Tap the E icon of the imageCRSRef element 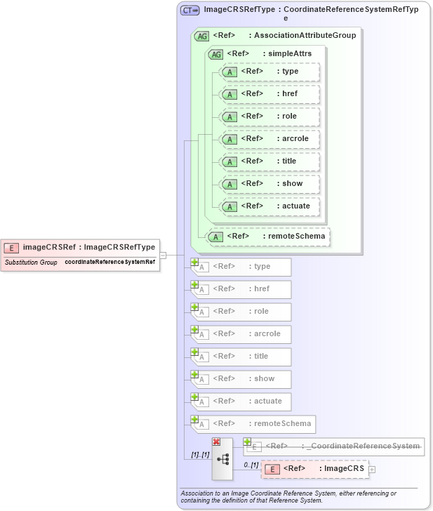pyautogui.click(x=12, y=247)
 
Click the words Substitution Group pyautogui.click(x=31, y=262)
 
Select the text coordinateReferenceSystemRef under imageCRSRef pyautogui.click(x=110, y=262)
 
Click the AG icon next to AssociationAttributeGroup pyautogui.click(x=201, y=35)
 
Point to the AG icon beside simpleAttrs pyautogui.click(x=215, y=53)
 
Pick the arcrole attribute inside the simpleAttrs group pyautogui.click(x=269, y=139)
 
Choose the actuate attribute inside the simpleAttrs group pyautogui.click(x=269, y=206)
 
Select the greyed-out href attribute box pyautogui.click(x=241, y=289)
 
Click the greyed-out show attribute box pyautogui.click(x=241, y=379)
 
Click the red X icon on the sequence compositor pyautogui.click(x=216, y=441)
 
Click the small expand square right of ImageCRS pyautogui.click(x=372, y=470)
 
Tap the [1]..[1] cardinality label pyautogui.click(x=201, y=455)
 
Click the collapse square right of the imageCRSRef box pyautogui.click(x=163, y=255)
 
